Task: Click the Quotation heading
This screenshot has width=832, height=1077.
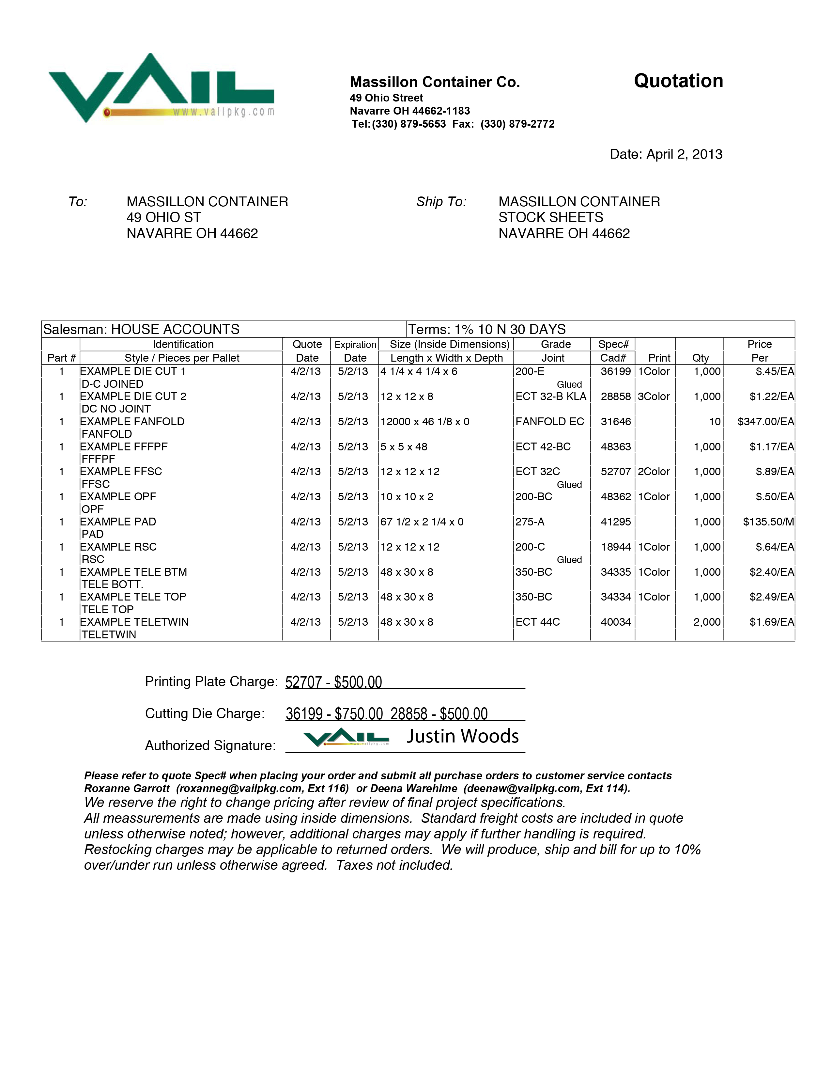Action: point(678,81)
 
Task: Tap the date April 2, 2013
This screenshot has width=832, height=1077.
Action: point(666,154)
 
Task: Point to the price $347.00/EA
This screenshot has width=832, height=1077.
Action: point(765,422)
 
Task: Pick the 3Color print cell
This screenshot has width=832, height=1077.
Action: point(654,397)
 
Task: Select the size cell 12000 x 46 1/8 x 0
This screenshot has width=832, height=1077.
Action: point(425,422)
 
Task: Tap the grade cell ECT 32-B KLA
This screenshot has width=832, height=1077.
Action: point(550,397)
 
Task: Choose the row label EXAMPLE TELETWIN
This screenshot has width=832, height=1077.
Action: point(134,622)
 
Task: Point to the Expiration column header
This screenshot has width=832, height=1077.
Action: point(355,345)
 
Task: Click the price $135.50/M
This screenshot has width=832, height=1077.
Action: point(768,522)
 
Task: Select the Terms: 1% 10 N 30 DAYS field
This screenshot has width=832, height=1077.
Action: point(487,329)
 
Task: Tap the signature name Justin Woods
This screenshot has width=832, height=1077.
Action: point(462,736)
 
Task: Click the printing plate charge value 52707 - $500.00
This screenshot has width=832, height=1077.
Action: point(334,682)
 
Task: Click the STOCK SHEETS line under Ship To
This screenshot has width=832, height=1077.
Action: point(550,217)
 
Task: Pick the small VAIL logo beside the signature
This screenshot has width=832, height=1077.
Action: point(346,738)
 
